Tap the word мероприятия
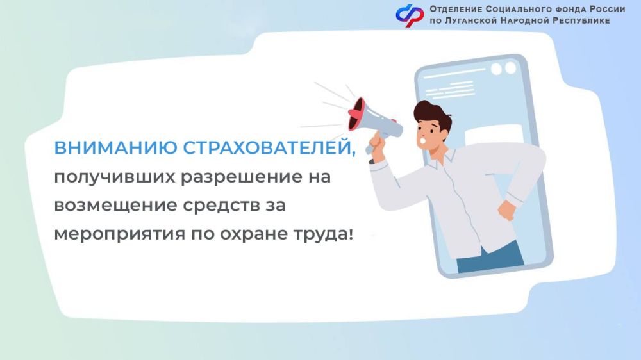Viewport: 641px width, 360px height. [118, 234]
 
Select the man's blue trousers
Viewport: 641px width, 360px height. [490, 253]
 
